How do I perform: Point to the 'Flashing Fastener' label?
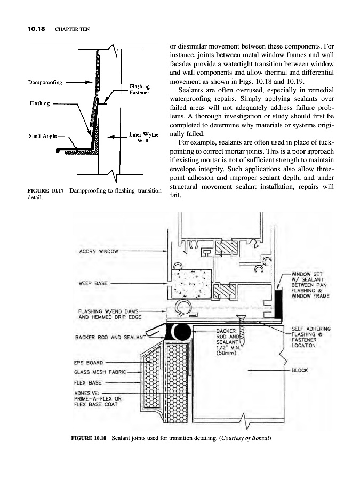139,89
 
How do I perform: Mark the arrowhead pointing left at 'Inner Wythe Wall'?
110,137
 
